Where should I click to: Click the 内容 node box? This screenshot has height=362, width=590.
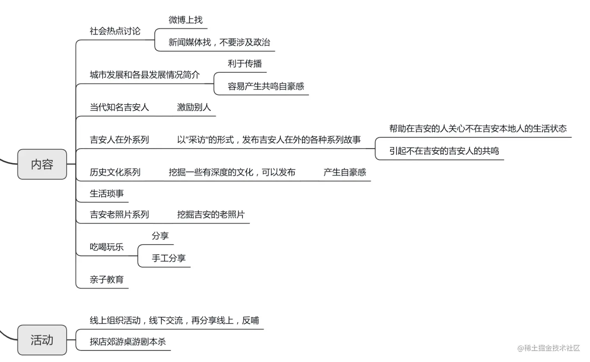tap(42, 164)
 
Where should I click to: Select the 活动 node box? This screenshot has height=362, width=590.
tap(42, 340)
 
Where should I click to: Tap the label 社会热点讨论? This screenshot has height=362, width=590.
tap(115, 31)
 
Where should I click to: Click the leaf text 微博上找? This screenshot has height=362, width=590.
tap(185, 20)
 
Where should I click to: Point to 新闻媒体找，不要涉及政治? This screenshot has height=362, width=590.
tap(219, 42)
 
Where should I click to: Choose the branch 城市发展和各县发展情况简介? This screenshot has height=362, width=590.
tap(144, 75)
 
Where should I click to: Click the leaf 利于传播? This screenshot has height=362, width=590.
tap(245, 64)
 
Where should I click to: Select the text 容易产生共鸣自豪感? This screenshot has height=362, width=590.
tap(266, 86)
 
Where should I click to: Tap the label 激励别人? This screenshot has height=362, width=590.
tap(194, 107)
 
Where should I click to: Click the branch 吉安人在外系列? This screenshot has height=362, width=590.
tap(119, 140)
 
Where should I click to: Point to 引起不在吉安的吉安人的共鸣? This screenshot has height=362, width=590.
tap(444, 151)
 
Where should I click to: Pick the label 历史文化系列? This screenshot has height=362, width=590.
tap(115, 172)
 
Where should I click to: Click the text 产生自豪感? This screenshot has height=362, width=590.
tap(345, 172)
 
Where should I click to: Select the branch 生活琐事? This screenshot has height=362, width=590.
tap(107, 194)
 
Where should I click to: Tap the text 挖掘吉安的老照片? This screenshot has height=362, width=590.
tap(211, 215)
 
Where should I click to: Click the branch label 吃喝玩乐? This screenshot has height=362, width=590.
tap(107, 247)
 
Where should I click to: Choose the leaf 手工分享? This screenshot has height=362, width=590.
tap(169, 258)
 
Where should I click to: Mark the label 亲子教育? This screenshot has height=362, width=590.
tap(107, 280)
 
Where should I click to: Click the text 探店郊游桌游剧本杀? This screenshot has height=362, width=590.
tap(128, 342)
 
